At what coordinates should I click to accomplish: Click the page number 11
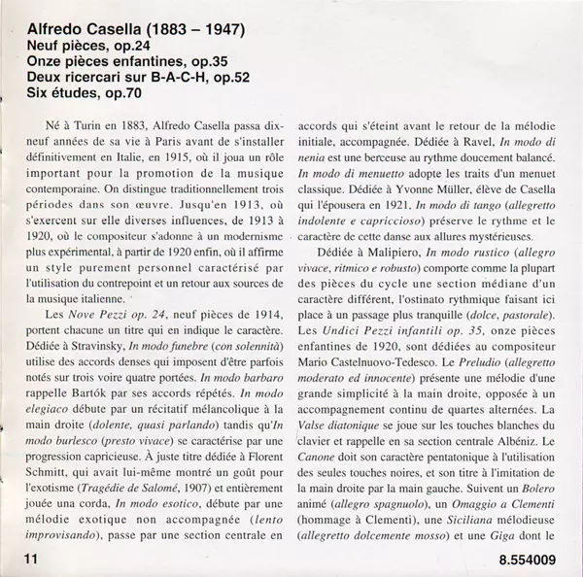pyautogui.click(x=24, y=558)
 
